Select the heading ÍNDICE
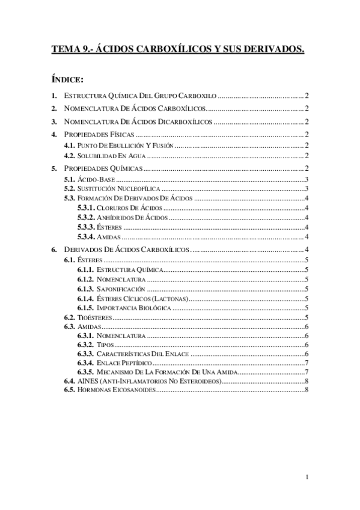point(67,79)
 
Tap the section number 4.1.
point(69,146)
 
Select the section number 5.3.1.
point(86,208)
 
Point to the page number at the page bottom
point(307,478)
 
